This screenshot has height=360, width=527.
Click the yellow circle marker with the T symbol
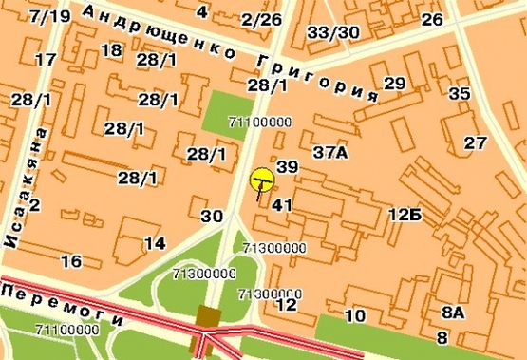[x=262, y=179]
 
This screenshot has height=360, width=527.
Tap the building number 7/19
[x=49, y=17]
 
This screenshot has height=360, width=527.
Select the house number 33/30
[x=334, y=33]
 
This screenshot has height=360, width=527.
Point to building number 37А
[x=330, y=152]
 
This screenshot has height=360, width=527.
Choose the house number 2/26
[x=261, y=20]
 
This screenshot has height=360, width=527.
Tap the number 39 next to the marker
[x=287, y=167]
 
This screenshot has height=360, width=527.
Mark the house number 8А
[x=453, y=312]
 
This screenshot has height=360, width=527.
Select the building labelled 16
[x=70, y=261]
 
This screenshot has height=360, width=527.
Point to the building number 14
[x=155, y=243]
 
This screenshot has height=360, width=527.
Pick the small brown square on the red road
[x=209, y=316]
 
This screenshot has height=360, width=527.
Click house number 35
[x=460, y=93]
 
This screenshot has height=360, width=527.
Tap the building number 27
[x=476, y=142]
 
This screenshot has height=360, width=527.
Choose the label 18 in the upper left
[x=111, y=50]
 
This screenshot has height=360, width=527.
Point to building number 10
[x=355, y=316]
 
